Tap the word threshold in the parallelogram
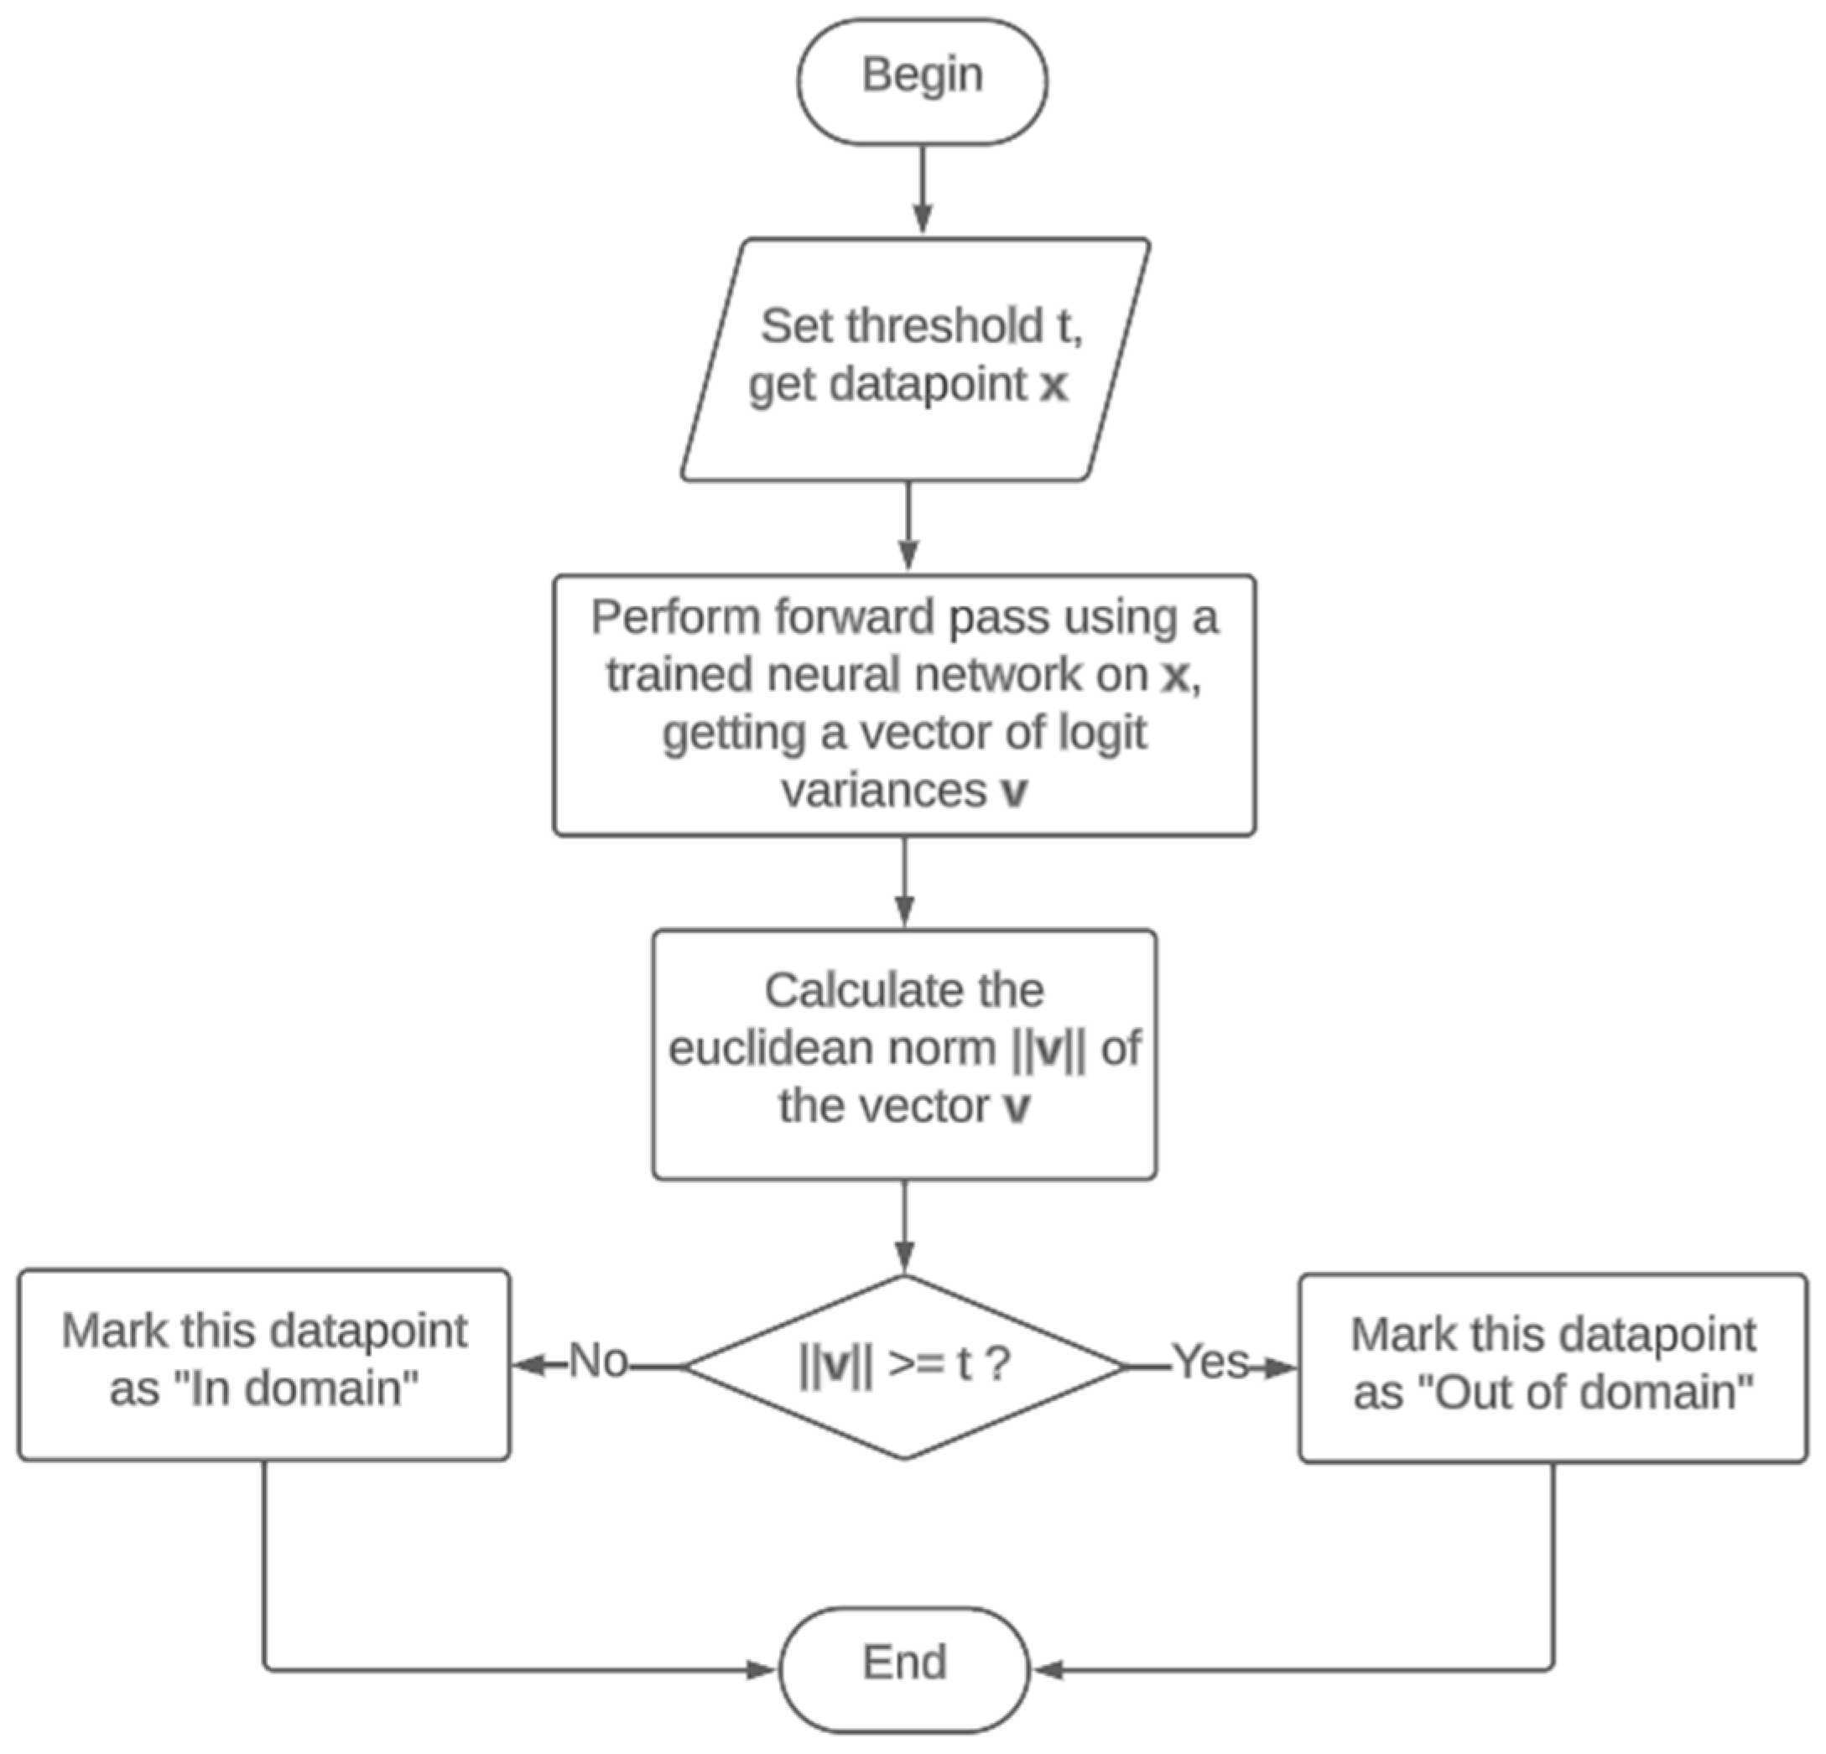[944, 326]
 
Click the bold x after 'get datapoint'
[1053, 385]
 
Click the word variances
[883, 791]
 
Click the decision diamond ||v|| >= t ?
[903, 1366]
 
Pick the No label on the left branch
[598, 1361]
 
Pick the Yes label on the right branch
[1210, 1362]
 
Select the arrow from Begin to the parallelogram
[921, 190]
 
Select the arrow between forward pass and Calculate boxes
[903, 881]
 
